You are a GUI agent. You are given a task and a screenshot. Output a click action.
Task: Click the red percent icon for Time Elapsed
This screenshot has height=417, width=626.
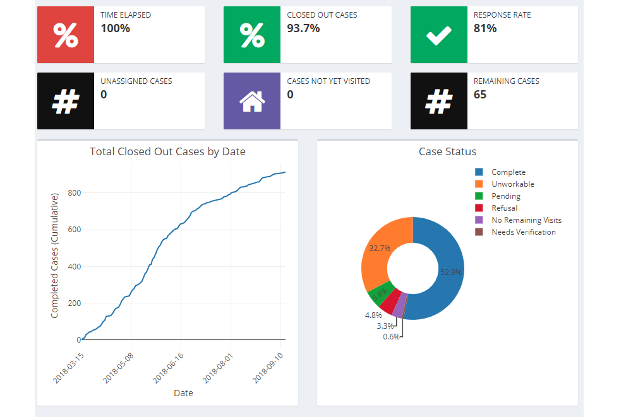66,35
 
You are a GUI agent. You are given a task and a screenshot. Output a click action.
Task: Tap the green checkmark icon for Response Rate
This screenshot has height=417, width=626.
438,35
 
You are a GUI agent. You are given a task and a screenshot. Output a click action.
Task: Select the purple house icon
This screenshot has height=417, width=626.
251,101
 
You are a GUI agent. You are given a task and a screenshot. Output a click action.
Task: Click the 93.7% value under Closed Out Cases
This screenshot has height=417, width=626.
303,28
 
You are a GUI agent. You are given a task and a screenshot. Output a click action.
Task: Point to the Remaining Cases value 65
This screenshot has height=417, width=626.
480,95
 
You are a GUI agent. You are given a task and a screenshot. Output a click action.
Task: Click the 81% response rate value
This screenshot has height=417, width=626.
485,28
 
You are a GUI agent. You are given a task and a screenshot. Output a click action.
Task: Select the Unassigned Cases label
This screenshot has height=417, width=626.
136,81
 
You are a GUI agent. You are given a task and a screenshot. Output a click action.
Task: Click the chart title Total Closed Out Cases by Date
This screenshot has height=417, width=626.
167,151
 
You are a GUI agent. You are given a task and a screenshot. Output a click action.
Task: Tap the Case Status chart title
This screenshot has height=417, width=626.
447,151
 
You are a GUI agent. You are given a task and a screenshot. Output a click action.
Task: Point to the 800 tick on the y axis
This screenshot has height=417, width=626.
74,192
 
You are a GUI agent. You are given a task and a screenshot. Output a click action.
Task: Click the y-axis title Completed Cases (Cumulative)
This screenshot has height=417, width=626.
55,255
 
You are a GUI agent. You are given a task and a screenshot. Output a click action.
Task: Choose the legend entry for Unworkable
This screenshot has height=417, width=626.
512,184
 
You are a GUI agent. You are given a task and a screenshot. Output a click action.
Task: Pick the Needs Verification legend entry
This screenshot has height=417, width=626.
523,232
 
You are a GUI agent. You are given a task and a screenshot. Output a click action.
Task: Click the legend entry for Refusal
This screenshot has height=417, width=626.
504,208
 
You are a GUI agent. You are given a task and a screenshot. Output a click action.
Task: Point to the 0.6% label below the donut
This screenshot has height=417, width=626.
391,337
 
